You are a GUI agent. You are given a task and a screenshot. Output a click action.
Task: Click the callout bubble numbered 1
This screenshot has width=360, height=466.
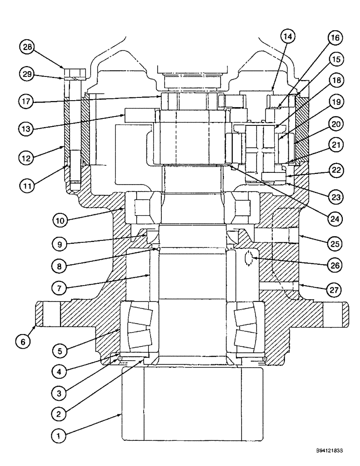58,437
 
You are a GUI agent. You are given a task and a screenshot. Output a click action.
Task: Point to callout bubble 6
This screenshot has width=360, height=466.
26,342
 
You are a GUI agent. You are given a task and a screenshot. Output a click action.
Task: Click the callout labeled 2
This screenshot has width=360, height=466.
58,412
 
